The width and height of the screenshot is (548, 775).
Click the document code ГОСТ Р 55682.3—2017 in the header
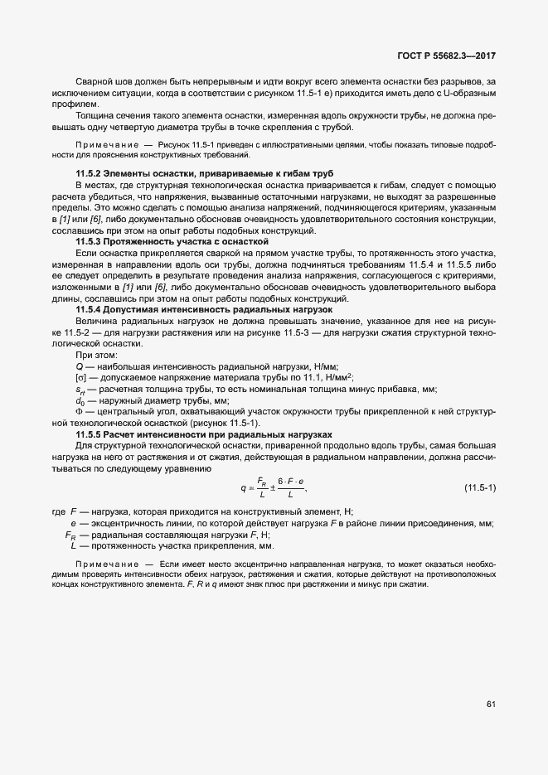pyautogui.click(x=445, y=56)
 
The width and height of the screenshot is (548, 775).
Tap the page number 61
pyautogui.click(x=490, y=705)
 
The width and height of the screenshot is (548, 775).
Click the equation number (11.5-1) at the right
pyautogui.click(x=479, y=487)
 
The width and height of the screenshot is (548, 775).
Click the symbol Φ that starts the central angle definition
pyautogui.click(x=79, y=412)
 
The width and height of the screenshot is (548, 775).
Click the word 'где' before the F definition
pyautogui.click(x=59, y=511)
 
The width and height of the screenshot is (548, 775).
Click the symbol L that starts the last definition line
pyautogui.click(x=74, y=546)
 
